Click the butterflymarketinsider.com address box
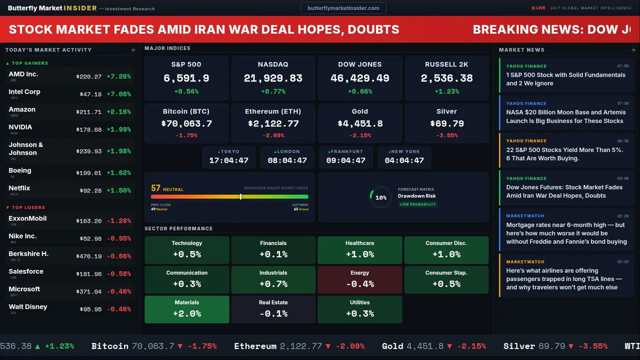pyautogui.click(x=343, y=8)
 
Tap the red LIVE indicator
pyautogui.click(x=538, y=8)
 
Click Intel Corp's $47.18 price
pyautogui.click(x=90, y=94)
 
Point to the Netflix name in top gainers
pyautogui.click(x=19, y=188)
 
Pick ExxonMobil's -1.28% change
pyautogui.click(x=119, y=220)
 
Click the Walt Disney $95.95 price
pyautogui.click(x=90, y=309)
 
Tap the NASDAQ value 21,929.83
pyautogui.click(x=273, y=78)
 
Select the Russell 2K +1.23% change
pyautogui.click(x=446, y=91)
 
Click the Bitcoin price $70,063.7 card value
pyautogui.click(x=186, y=123)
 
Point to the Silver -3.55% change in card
pyautogui.click(x=446, y=135)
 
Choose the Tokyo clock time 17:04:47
pyautogui.click(x=228, y=160)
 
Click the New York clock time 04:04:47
pyautogui.click(x=404, y=160)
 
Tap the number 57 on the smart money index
pyautogui.click(x=155, y=188)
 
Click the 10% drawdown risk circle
pyautogui.click(x=380, y=197)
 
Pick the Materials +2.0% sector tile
pyautogui.click(x=186, y=309)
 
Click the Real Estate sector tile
pyautogui.click(x=273, y=309)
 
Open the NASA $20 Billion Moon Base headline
pyautogui.click(x=565, y=116)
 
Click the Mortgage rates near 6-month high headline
pyautogui.click(x=566, y=233)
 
